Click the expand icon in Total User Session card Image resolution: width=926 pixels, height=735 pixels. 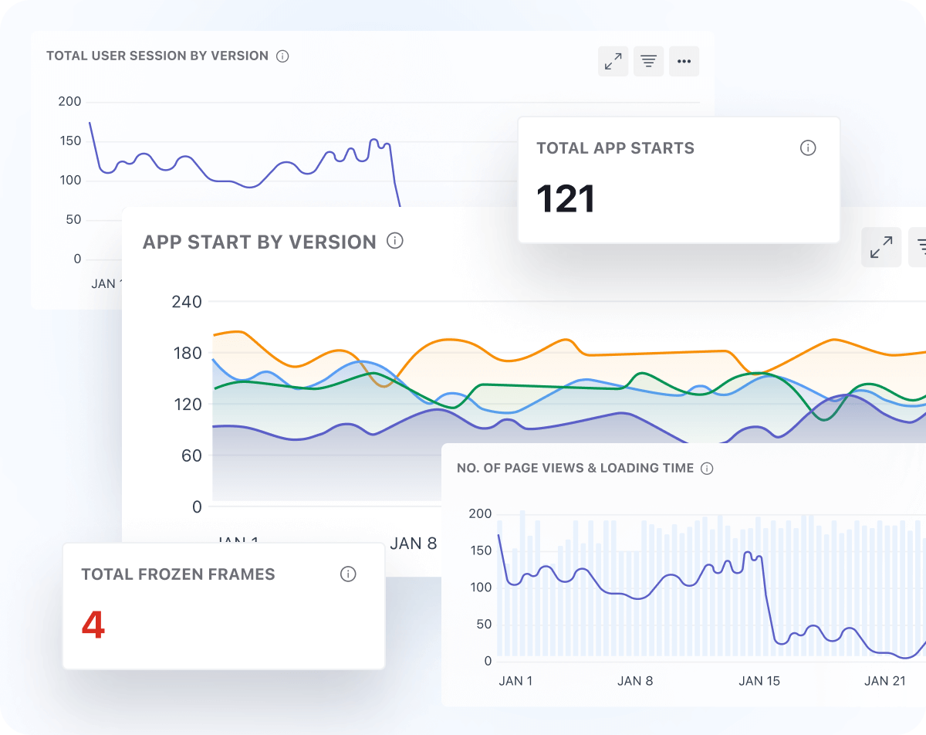[x=613, y=62]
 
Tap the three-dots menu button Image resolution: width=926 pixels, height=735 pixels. [x=684, y=62]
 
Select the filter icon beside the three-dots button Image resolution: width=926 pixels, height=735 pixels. [x=649, y=62]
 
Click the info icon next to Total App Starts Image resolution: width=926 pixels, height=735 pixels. [x=808, y=148]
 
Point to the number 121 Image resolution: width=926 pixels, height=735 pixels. [x=566, y=199]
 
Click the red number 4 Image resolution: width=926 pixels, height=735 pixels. [x=93, y=625]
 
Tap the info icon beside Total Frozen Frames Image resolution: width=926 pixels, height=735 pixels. [x=348, y=574]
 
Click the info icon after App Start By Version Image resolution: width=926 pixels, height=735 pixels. [x=395, y=241]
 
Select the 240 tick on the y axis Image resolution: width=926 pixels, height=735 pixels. [x=186, y=302]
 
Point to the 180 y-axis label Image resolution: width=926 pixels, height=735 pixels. [x=186, y=353]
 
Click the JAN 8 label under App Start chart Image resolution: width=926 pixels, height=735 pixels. [x=414, y=544]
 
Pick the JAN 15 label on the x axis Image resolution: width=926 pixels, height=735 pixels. [x=760, y=681]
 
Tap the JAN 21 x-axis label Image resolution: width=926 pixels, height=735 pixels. [x=885, y=681]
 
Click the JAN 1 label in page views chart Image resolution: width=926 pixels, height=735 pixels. [x=515, y=681]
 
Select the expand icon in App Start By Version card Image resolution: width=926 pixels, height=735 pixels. [x=880, y=247]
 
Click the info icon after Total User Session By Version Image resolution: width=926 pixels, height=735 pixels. [x=282, y=56]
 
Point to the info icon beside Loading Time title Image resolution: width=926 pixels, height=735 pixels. [x=707, y=468]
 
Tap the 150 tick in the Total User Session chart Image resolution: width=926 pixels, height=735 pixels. [x=69, y=141]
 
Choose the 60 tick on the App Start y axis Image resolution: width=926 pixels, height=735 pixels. [x=191, y=456]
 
